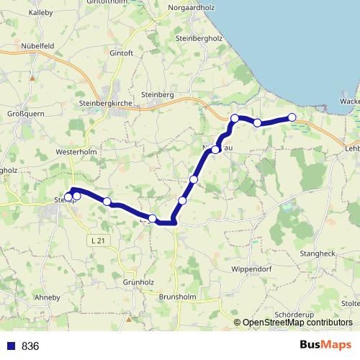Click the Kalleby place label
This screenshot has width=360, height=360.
[x=41, y=12]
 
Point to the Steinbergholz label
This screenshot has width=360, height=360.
[x=201, y=37]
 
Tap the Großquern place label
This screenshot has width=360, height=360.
[x=27, y=114]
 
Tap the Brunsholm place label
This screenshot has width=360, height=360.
[x=177, y=296]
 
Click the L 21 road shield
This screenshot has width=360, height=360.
[x=99, y=240]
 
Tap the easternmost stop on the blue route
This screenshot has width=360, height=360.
[x=292, y=117]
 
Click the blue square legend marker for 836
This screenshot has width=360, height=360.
[x=10, y=346]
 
